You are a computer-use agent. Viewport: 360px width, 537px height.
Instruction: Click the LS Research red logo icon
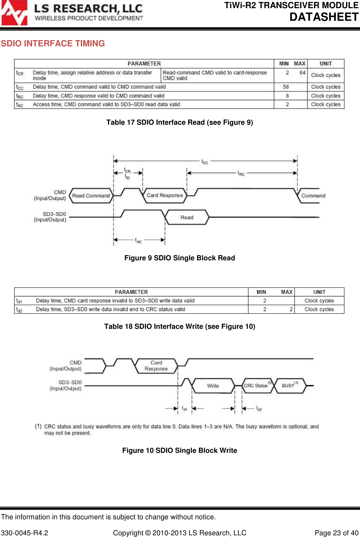tap(14, 13)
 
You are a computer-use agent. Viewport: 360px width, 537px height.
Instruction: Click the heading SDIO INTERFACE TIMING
tap(53, 44)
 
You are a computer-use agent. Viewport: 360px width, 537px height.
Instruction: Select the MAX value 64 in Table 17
tap(302, 73)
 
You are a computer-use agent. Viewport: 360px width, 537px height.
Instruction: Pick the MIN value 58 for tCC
tap(286, 87)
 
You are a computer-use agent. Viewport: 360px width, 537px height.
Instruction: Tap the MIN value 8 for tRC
tap(287, 96)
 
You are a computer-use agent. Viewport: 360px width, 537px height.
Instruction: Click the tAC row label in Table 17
tap(20, 105)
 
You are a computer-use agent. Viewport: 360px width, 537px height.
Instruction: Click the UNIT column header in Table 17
tap(326, 64)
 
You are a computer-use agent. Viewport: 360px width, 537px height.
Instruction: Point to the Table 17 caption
tap(180, 123)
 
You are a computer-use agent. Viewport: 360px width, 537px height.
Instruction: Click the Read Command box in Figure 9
tap(91, 196)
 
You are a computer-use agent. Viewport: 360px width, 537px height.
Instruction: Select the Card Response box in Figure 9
tap(165, 196)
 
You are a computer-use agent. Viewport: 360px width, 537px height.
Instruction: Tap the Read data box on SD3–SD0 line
tap(187, 217)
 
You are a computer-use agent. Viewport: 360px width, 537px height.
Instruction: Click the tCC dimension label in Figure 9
tap(205, 162)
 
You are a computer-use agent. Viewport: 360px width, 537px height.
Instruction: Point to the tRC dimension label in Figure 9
tap(241, 173)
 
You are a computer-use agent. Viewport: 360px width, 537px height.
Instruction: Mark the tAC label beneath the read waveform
tap(138, 241)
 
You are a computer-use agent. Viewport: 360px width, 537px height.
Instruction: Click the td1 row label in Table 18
tap(19, 301)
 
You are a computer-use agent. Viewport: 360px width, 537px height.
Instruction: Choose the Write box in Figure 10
tap(213, 386)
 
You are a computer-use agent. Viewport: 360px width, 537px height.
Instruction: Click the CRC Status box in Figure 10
tap(256, 386)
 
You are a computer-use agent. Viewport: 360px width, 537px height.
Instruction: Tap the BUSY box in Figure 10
tap(289, 385)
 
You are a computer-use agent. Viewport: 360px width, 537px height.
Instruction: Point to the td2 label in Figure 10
tap(259, 408)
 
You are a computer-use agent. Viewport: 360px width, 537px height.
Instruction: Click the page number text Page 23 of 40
tap(336, 533)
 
